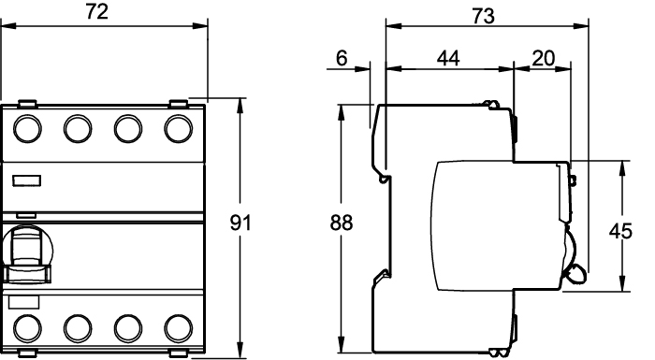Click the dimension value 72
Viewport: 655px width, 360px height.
click(97, 11)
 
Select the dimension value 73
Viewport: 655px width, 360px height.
click(484, 16)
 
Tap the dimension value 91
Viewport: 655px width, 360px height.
click(240, 223)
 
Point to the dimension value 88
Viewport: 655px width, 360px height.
click(342, 223)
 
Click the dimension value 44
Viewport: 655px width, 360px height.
click(448, 58)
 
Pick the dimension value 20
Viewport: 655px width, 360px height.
click(544, 58)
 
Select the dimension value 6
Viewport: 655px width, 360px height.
click(342, 58)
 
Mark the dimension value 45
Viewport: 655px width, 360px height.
click(620, 231)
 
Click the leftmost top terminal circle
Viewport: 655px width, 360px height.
click(27, 129)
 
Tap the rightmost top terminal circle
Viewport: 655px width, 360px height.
click(179, 129)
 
